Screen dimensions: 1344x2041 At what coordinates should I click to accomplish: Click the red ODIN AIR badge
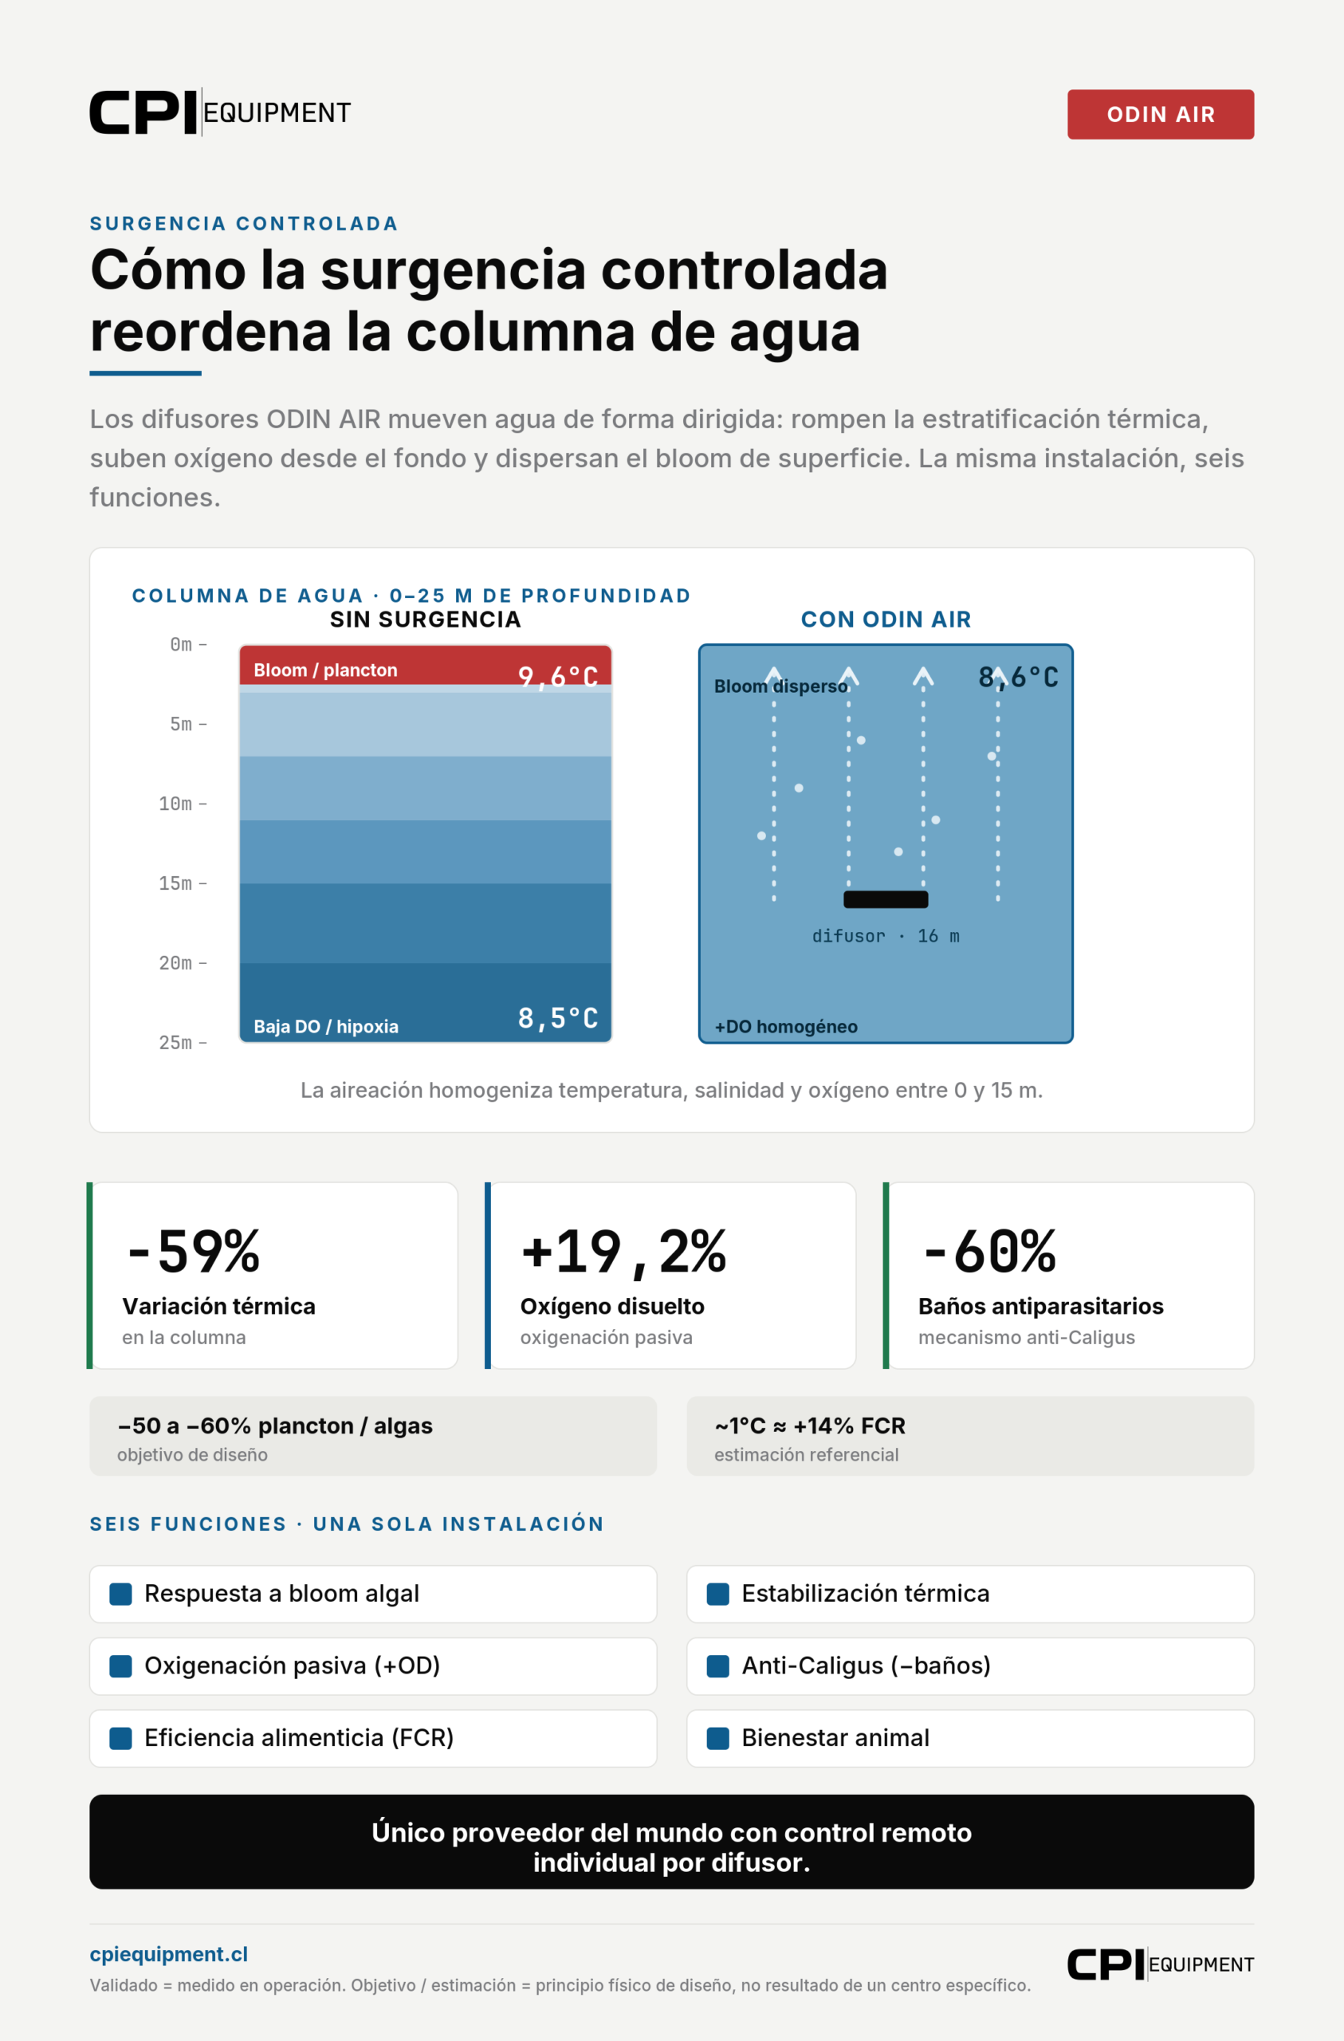click(1161, 114)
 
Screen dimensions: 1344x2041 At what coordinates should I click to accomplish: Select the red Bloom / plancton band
click(426, 666)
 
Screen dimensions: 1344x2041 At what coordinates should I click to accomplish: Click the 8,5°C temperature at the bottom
click(557, 1018)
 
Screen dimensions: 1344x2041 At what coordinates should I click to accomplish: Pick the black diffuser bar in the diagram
click(886, 899)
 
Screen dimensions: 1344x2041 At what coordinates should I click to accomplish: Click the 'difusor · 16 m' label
click(886, 936)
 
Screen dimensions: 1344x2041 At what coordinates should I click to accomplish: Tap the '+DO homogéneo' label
click(786, 1027)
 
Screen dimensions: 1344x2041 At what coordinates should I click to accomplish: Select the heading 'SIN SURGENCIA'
click(426, 619)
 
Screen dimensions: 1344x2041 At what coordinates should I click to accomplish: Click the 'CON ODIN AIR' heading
click(886, 619)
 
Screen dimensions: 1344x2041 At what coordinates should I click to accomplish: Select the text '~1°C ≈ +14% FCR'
click(810, 1426)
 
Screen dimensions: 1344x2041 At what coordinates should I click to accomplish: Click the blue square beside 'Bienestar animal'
click(718, 1737)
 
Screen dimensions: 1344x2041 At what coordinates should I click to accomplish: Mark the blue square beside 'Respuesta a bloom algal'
click(121, 1594)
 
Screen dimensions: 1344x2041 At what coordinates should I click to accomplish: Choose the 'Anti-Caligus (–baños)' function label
click(867, 1665)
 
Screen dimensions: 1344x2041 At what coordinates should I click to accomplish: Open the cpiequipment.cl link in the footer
click(169, 1953)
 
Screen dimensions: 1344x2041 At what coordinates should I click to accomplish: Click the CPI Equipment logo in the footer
click(1161, 1964)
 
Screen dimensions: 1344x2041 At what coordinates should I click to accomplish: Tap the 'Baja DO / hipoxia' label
click(326, 1027)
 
